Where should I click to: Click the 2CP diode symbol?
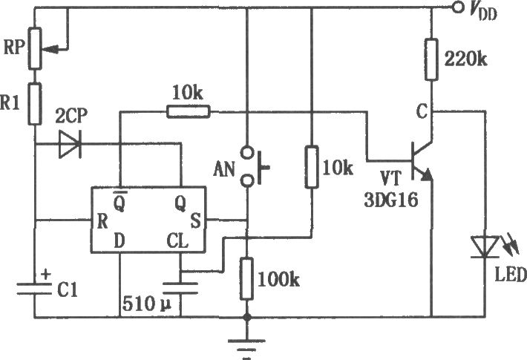tap(71, 147)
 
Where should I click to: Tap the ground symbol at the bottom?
tap(246, 341)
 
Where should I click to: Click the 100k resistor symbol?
tap(246, 278)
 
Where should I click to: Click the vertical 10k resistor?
tap(312, 168)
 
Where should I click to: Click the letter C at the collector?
tap(421, 112)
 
